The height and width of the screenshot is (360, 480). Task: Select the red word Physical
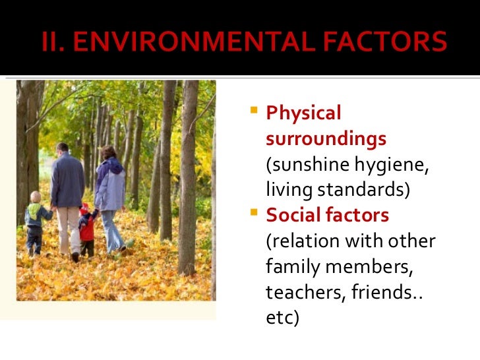point(303,113)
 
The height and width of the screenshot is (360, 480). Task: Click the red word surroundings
point(326,139)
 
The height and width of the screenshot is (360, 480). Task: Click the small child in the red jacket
point(86,227)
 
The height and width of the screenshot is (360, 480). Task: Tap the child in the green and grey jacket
point(35,221)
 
